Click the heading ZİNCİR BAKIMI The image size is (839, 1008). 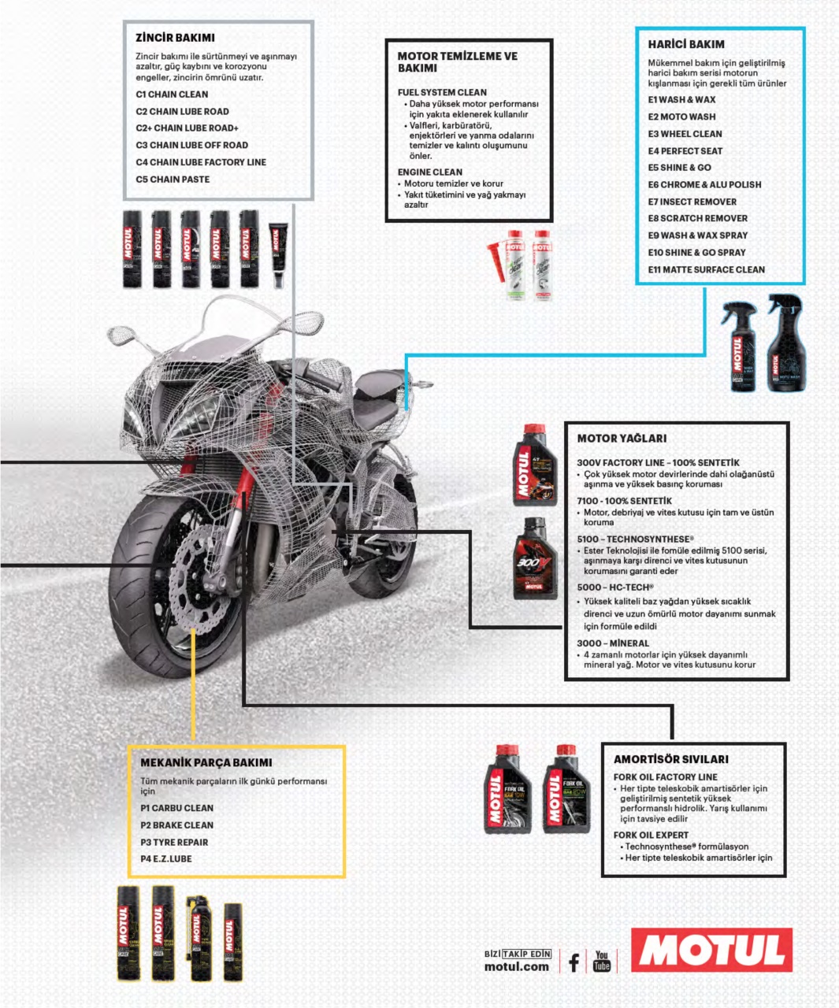click(x=175, y=38)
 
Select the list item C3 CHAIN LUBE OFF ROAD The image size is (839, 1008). click(x=191, y=145)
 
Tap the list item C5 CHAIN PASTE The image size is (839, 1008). click(x=173, y=180)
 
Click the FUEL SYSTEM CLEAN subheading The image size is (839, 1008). click(x=442, y=92)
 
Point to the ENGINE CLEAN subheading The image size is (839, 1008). click(x=430, y=172)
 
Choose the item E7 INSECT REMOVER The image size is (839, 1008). click(x=692, y=202)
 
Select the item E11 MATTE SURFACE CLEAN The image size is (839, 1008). click(x=706, y=269)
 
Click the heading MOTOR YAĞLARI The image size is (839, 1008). click(x=622, y=439)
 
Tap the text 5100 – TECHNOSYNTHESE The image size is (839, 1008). click(x=635, y=539)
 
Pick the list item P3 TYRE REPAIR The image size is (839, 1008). click(x=174, y=842)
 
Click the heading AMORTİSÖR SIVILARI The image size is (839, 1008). click(x=670, y=759)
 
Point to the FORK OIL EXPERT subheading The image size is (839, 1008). click(x=651, y=835)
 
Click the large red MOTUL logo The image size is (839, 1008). click(x=711, y=950)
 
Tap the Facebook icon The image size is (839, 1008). click(x=574, y=962)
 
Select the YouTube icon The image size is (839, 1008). click(x=602, y=961)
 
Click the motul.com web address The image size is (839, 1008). click(x=516, y=967)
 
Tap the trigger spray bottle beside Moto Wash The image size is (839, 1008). click(x=739, y=346)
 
